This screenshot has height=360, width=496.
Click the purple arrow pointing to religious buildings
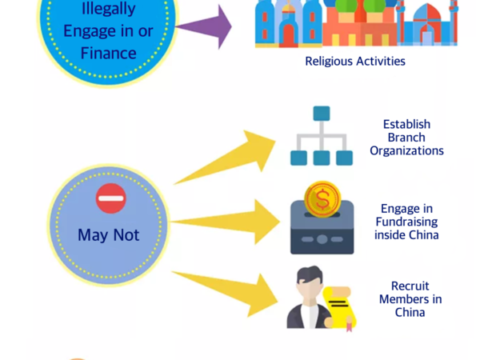click(203, 27)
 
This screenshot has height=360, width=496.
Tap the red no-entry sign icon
click(110, 198)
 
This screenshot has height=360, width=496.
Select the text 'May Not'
click(109, 235)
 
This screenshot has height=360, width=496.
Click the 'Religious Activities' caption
click(355, 61)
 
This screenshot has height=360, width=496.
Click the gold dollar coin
click(322, 198)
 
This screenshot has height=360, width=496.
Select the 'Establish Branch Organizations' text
click(406, 137)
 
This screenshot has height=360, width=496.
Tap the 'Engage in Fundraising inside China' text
click(406, 222)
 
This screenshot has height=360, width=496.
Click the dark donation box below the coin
click(322, 234)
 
